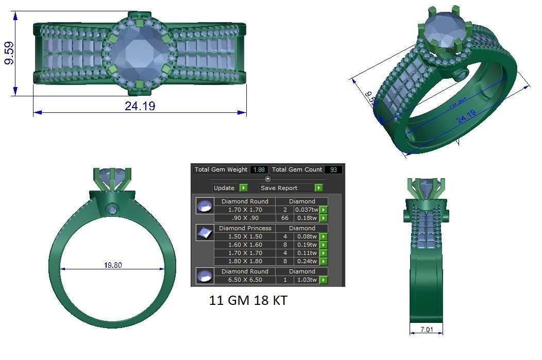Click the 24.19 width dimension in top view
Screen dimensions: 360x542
140,106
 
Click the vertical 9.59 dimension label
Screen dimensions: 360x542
9,54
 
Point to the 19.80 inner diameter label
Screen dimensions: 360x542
113,265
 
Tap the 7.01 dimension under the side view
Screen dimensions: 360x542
427,329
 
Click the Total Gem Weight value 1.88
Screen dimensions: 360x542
259,169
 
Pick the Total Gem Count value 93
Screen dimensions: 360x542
333,169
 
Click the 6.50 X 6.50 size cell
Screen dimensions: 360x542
245,280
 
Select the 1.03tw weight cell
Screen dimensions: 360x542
306,280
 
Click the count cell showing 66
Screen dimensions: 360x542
285,218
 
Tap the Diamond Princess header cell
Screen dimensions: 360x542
245,228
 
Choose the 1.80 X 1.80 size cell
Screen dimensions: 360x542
245,261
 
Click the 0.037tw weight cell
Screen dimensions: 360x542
306,210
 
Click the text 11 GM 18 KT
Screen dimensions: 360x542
248,301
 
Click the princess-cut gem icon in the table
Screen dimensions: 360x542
205,233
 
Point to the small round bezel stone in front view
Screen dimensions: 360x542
112,209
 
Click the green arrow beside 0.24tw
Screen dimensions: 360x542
324,261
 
